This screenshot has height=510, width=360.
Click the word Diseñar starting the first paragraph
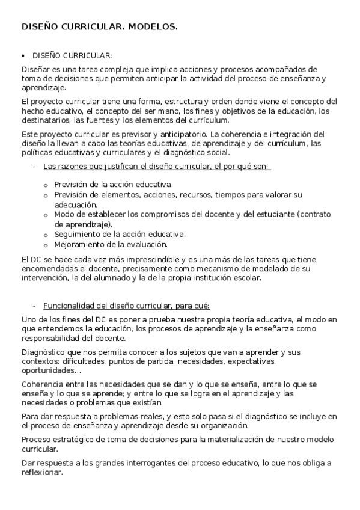coord(35,69)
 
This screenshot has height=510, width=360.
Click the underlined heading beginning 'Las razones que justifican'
coord(157,167)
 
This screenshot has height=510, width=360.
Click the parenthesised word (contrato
coord(315,214)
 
